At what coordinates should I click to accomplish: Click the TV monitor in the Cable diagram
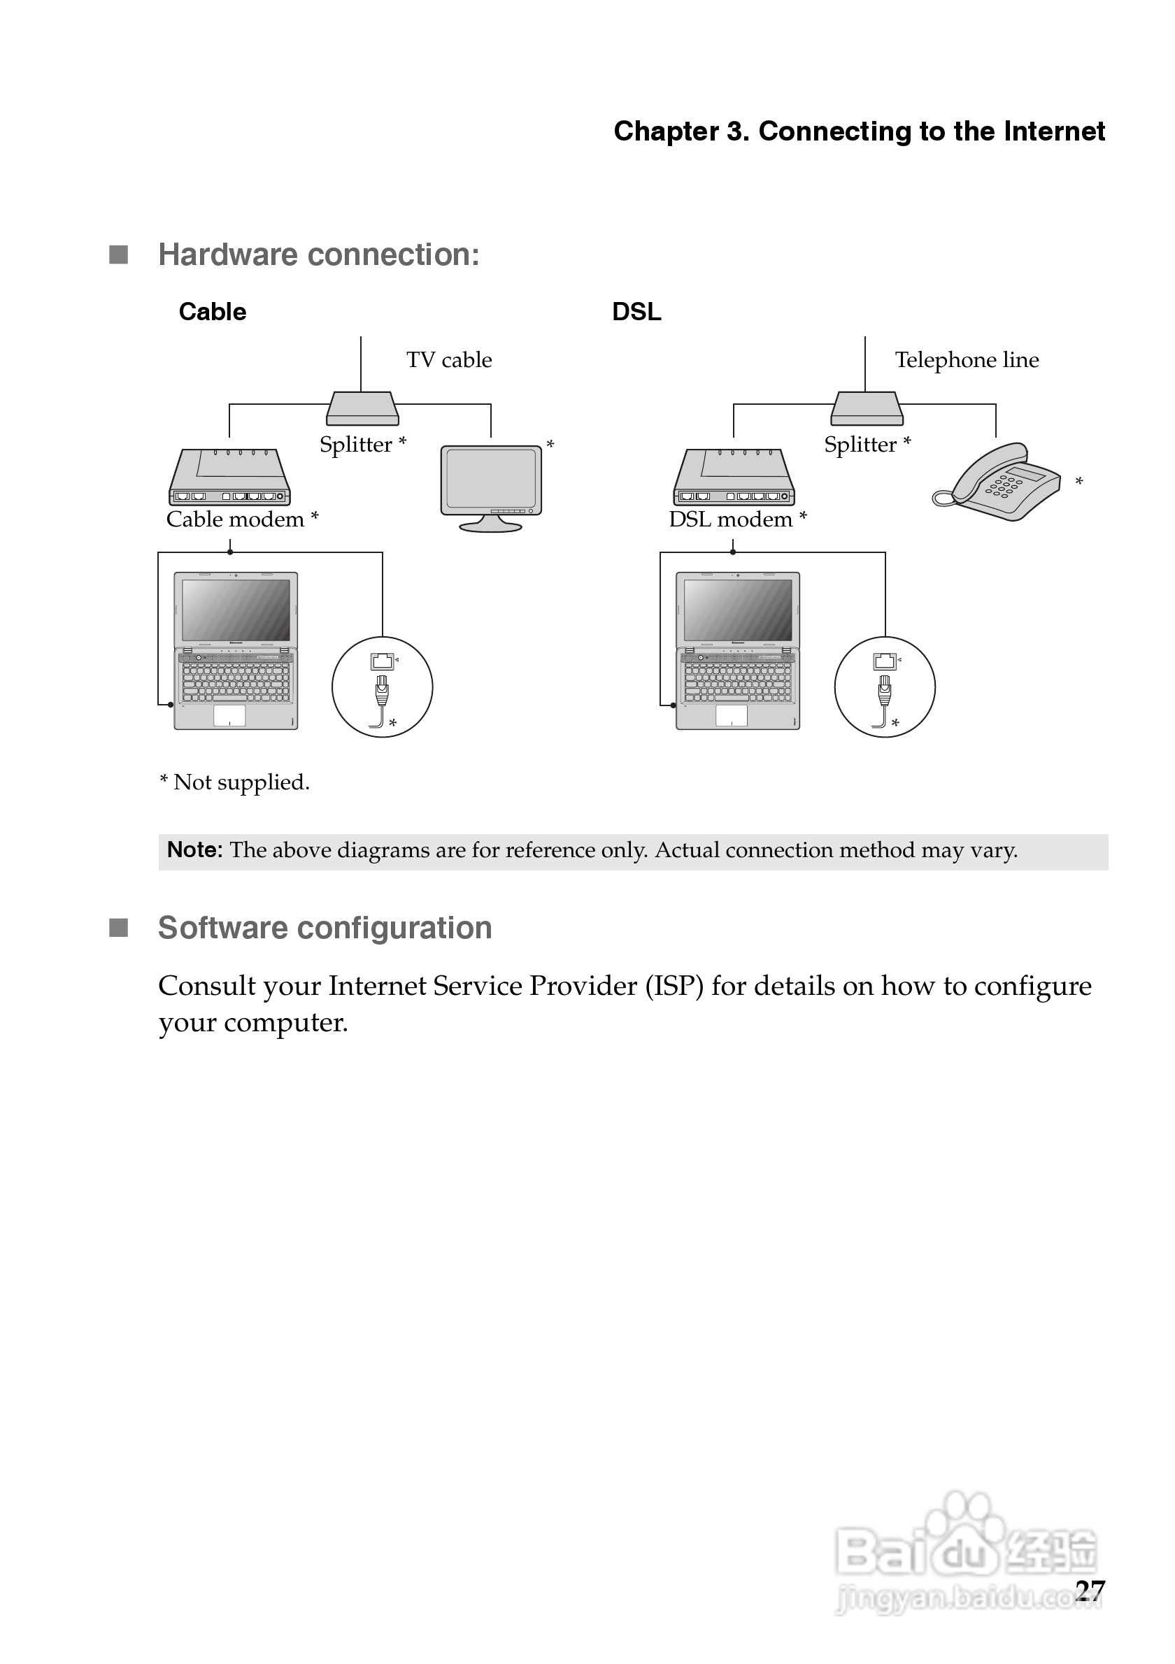491,487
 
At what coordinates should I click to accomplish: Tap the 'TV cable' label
449,359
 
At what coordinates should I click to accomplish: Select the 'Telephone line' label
967,359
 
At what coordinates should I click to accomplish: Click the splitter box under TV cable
362,409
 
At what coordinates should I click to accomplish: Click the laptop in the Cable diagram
236,650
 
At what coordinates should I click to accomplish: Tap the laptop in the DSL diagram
738,650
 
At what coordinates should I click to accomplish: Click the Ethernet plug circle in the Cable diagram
382,687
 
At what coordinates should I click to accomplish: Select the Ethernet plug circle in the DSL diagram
884,687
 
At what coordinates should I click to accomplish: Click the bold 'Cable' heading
213,312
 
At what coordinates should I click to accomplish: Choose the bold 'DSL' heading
636,312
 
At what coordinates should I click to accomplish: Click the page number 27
1090,1590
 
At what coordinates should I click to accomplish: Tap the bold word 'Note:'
194,849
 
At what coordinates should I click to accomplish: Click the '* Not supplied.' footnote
234,782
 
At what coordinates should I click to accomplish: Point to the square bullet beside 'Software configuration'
118,928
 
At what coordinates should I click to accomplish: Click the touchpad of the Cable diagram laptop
229,715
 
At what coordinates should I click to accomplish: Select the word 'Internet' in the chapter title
1055,131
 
